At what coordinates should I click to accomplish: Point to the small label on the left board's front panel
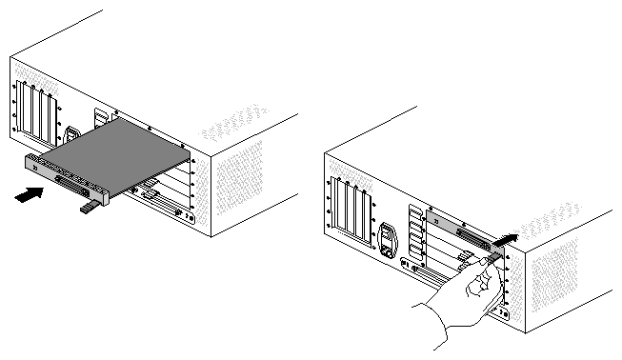[x=36, y=168]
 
